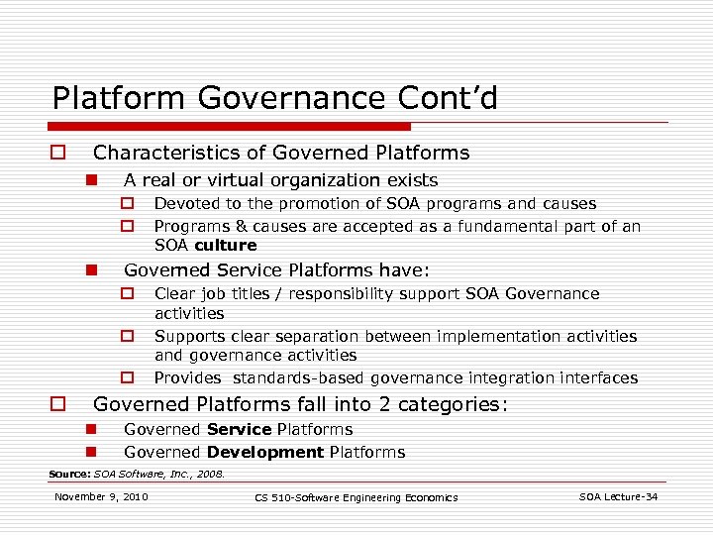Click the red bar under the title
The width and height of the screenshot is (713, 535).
click(x=231, y=127)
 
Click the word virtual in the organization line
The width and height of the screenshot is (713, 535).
click(x=215, y=180)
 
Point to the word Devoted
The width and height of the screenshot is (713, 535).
click(x=186, y=204)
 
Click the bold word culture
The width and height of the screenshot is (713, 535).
click(x=226, y=245)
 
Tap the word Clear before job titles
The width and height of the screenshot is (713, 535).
click(x=175, y=293)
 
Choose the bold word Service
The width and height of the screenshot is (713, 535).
click(x=240, y=430)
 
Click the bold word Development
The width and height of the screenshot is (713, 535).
click(x=265, y=453)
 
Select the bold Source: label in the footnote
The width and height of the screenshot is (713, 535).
click(x=69, y=475)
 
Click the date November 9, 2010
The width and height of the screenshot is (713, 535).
click(x=102, y=496)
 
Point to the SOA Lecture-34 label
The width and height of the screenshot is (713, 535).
click(x=619, y=496)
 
